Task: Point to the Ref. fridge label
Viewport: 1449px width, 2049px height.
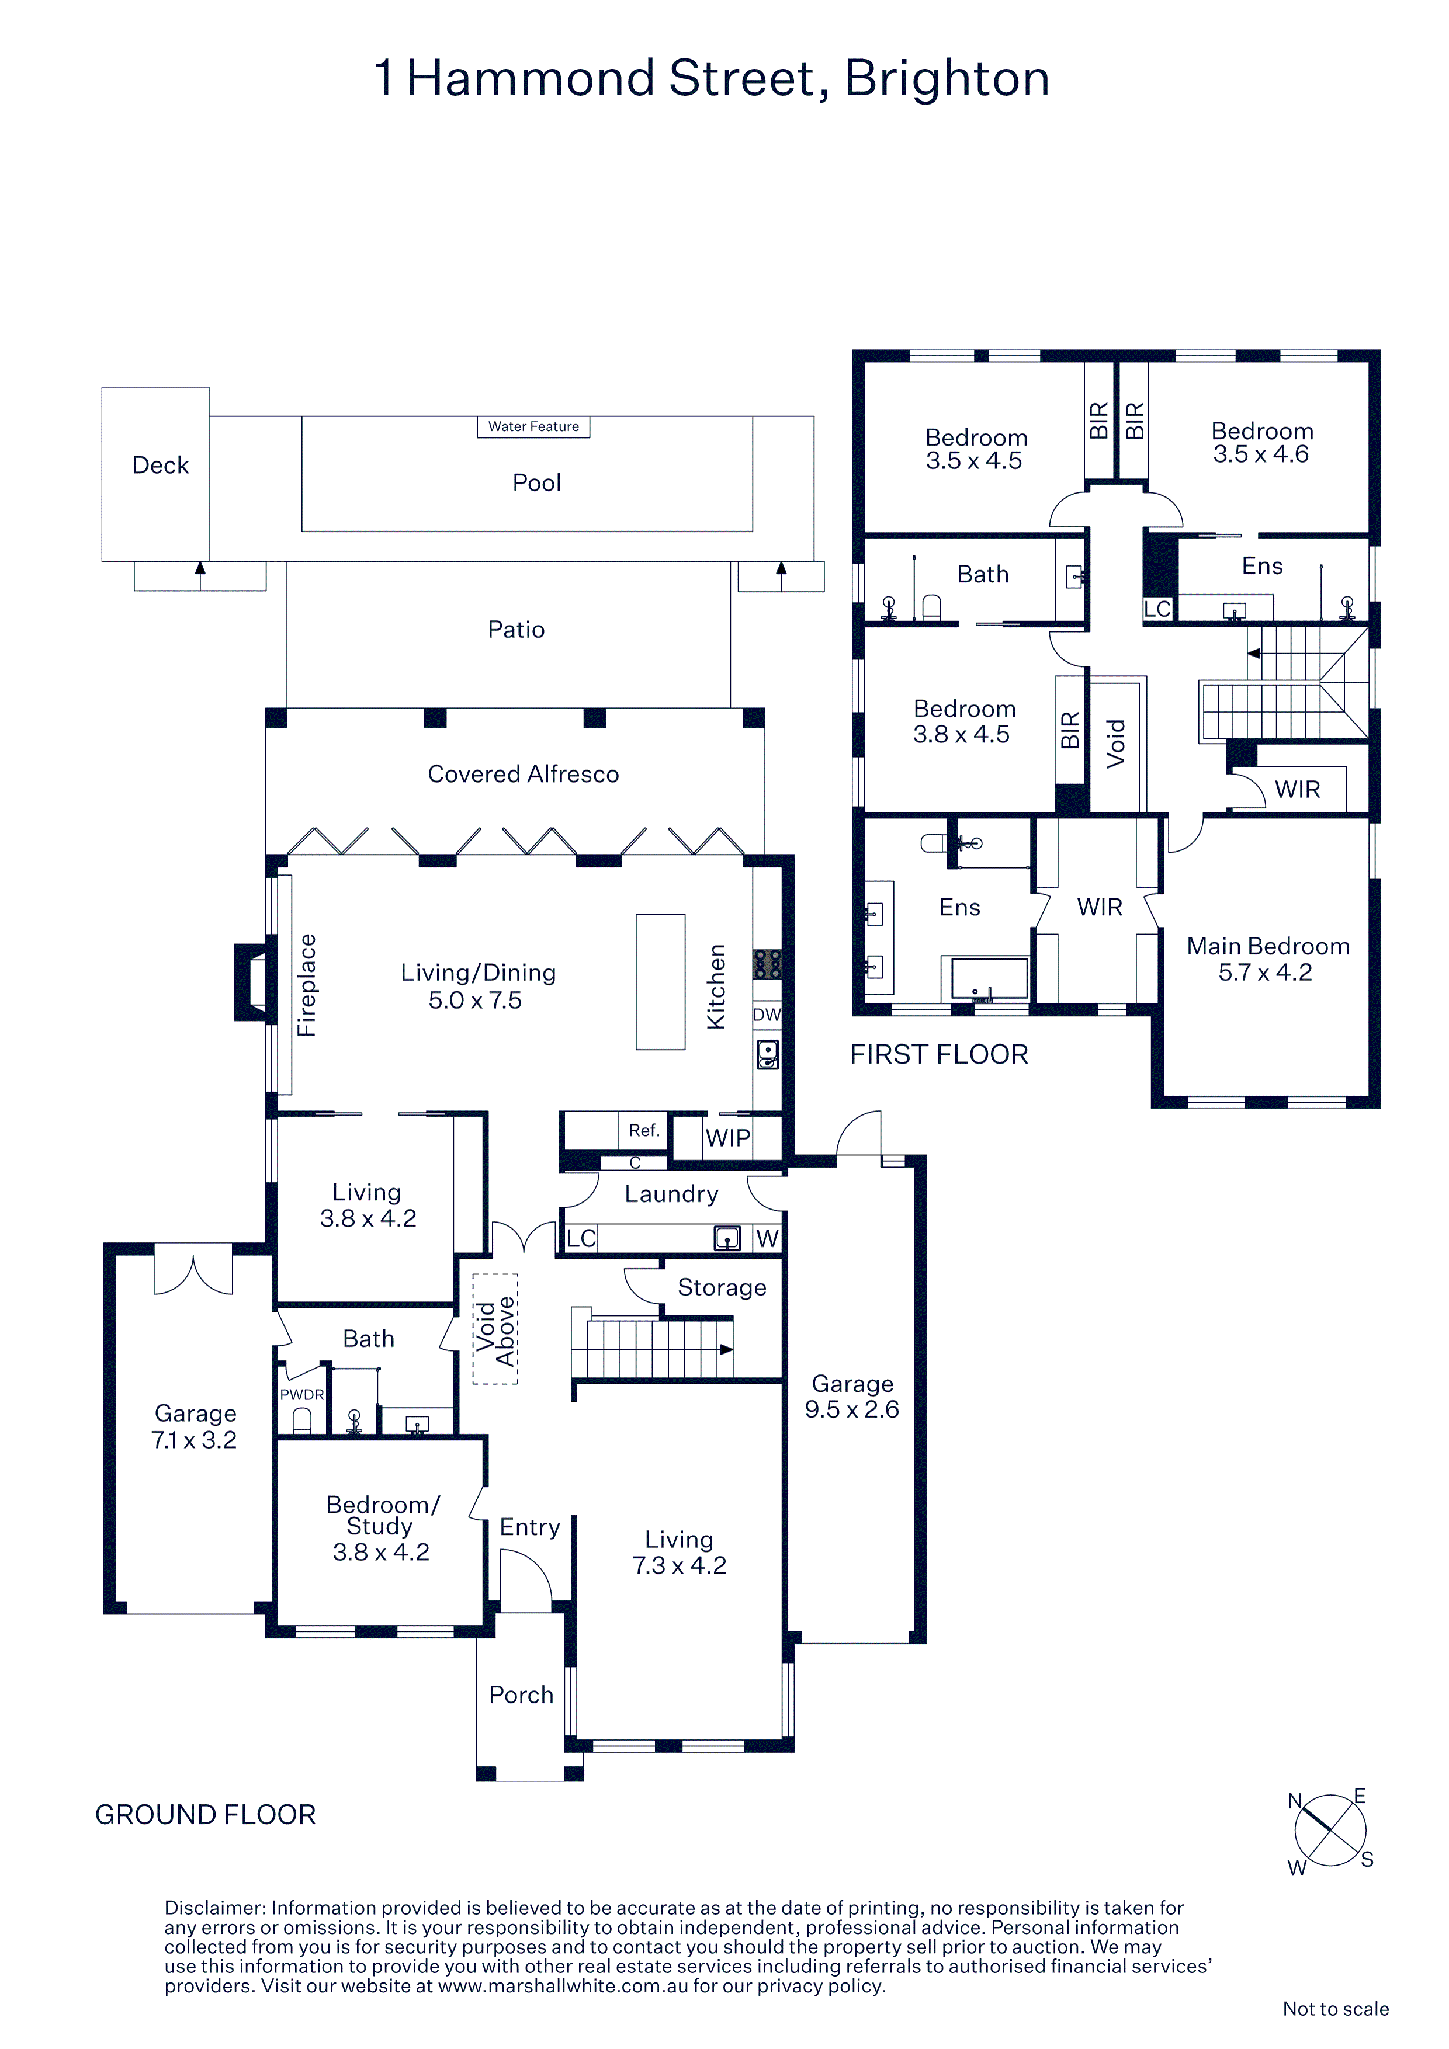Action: click(x=644, y=1131)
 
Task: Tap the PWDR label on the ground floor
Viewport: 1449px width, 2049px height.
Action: click(x=301, y=1395)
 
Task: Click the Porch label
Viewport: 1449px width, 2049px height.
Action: click(x=521, y=1694)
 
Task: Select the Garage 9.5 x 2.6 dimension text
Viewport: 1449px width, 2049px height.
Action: click(x=852, y=1409)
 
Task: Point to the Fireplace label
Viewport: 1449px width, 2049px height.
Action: click(x=306, y=985)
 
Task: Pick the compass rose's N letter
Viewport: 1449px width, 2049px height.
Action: click(x=1295, y=1801)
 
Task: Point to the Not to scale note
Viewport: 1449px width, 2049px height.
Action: click(x=1336, y=2008)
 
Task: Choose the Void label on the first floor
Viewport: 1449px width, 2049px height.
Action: click(x=1116, y=744)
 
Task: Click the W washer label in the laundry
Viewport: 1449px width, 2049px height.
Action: click(x=767, y=1239)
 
